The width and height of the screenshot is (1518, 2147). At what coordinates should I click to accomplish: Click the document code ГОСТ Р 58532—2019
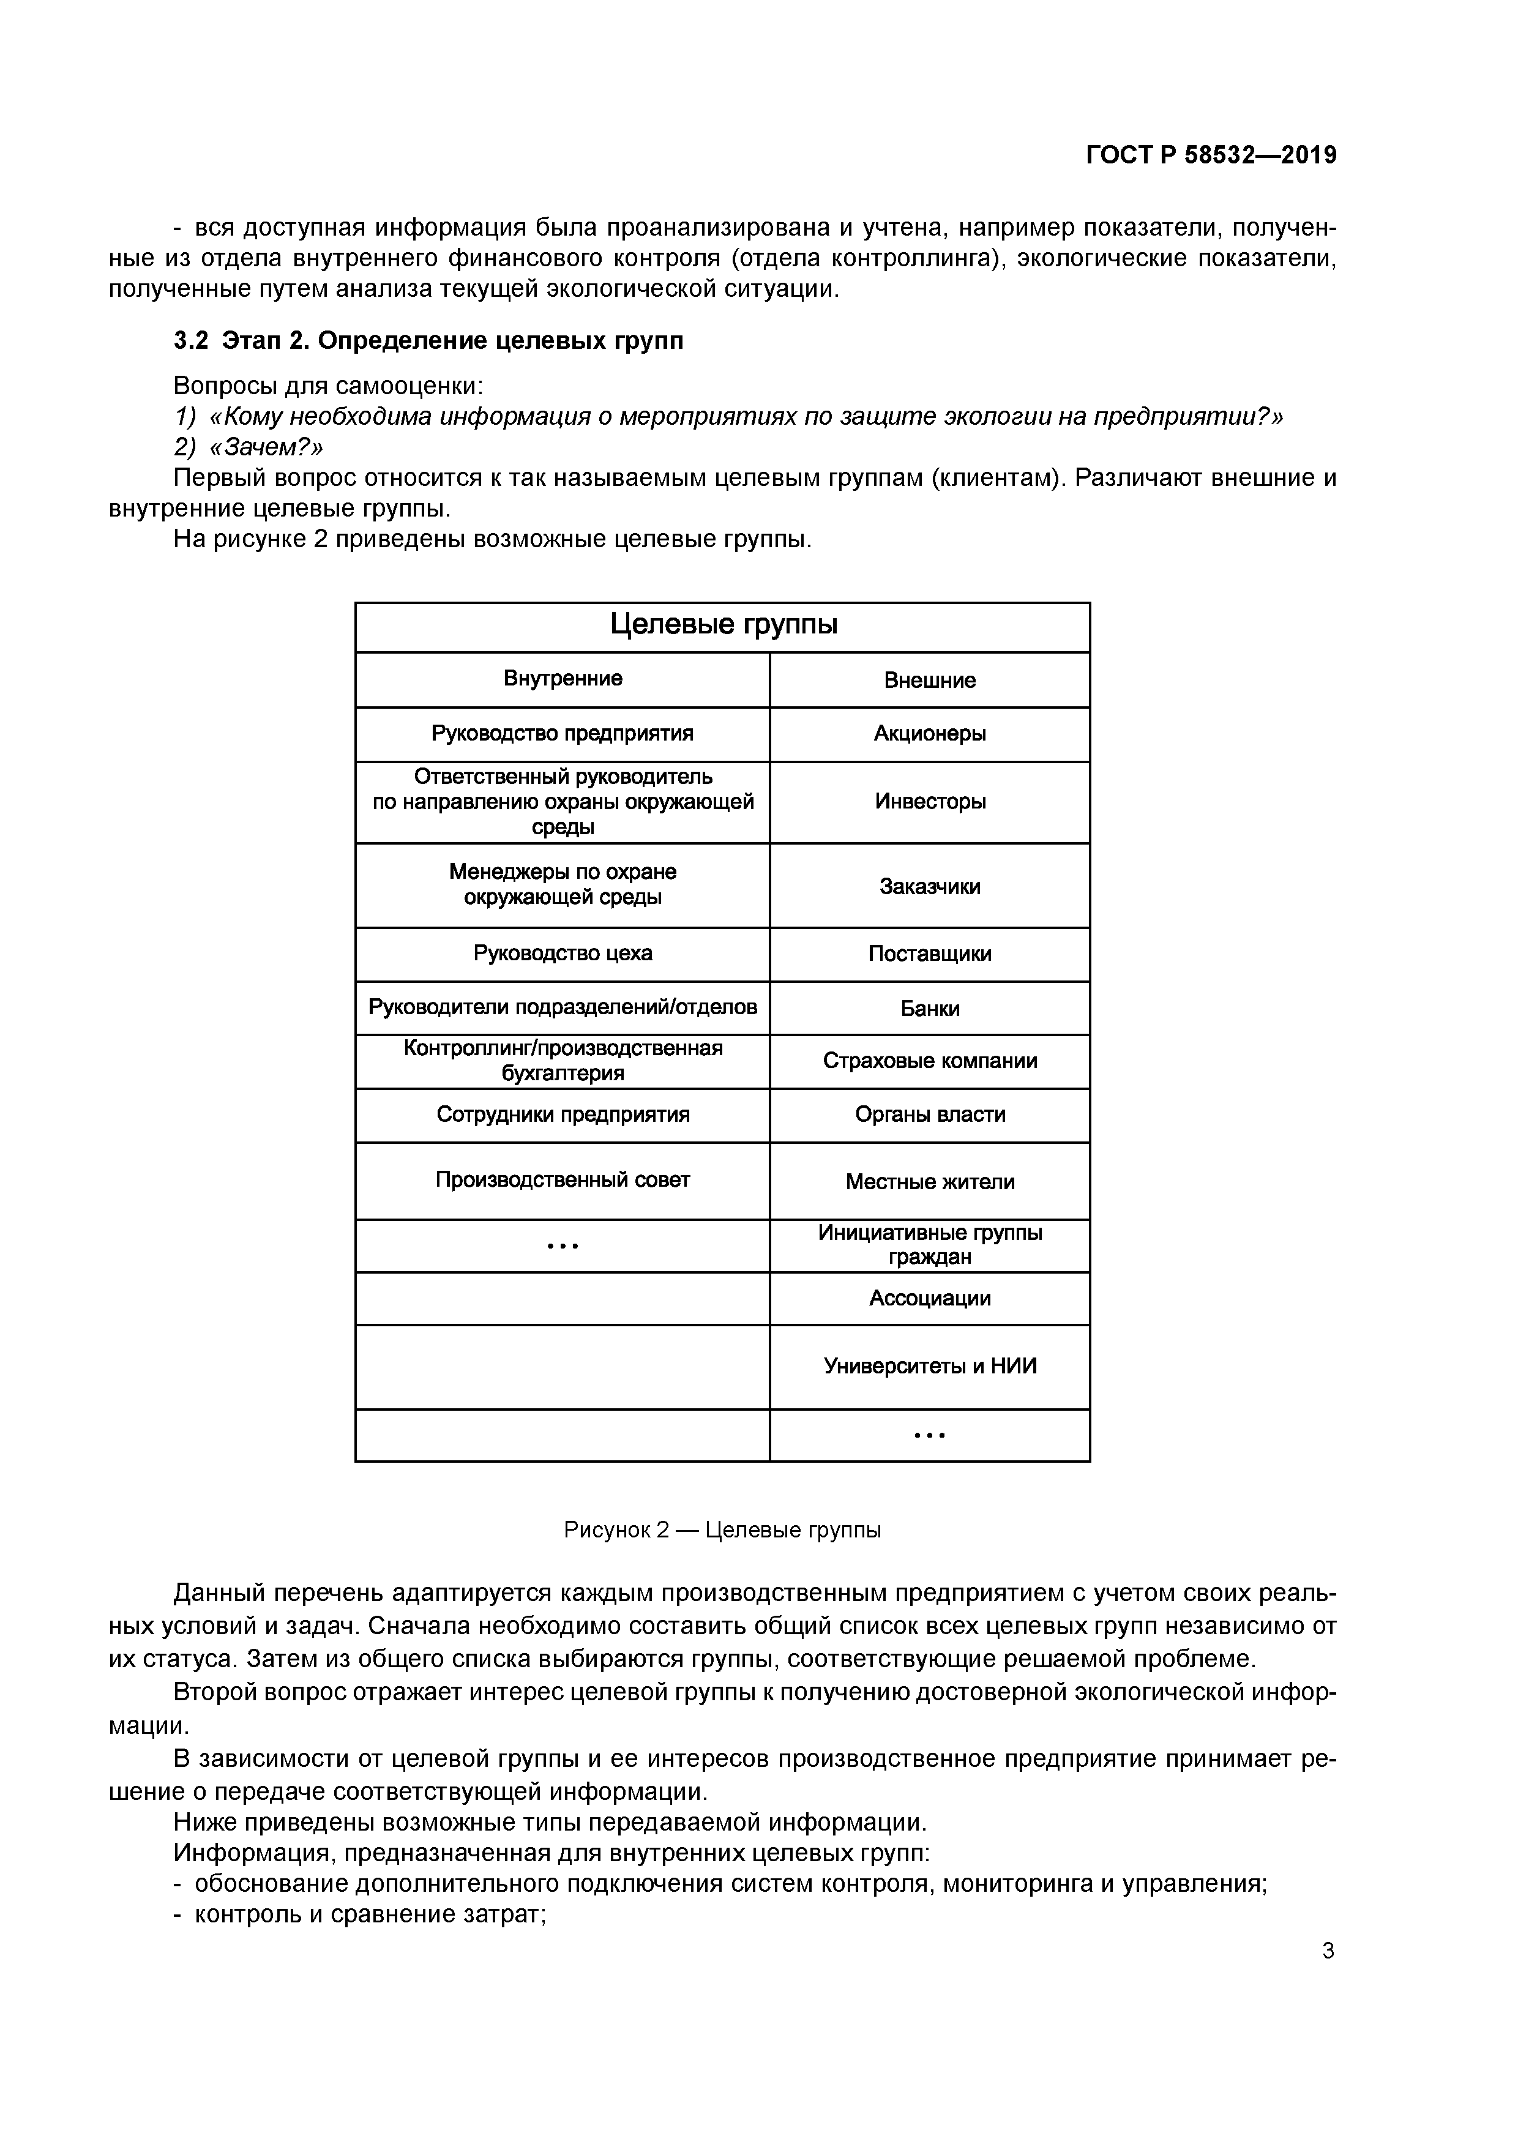click(x=1211, y=155)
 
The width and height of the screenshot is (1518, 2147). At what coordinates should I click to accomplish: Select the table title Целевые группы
click(x=723, y=625)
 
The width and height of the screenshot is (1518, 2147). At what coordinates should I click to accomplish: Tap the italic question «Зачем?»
click(x=266, y=447)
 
